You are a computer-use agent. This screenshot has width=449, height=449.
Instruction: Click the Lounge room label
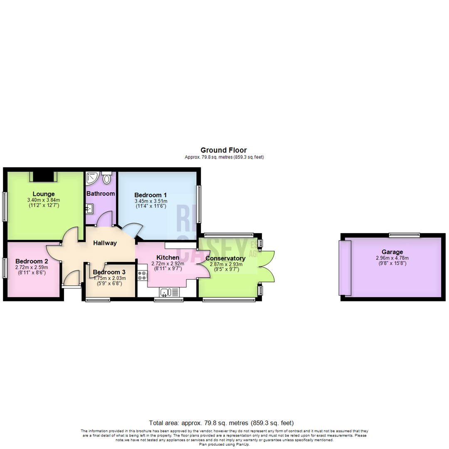click(44, 194)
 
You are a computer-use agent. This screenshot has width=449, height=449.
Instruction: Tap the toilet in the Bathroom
click(107, 178)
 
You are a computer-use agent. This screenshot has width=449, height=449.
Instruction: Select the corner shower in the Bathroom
click(91, 178)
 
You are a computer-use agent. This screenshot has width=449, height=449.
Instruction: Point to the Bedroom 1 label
click(150, 195)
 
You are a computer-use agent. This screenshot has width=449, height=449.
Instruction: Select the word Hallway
click(105, 243)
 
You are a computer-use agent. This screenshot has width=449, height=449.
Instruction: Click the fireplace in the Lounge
click(43, 177)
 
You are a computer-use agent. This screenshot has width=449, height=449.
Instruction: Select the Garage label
click(392, 252)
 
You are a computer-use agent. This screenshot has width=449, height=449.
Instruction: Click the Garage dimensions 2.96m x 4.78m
click(392, 258)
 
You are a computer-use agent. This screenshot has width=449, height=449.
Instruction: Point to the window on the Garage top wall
click(405, 235)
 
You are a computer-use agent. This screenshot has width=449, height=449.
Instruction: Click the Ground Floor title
click(223, 150)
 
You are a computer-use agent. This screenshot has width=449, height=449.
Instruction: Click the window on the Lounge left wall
click(5, 206)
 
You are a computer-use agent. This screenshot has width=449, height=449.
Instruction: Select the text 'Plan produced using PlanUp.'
click(224, 444)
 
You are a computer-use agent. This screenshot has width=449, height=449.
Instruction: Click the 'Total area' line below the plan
click(224, 423)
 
